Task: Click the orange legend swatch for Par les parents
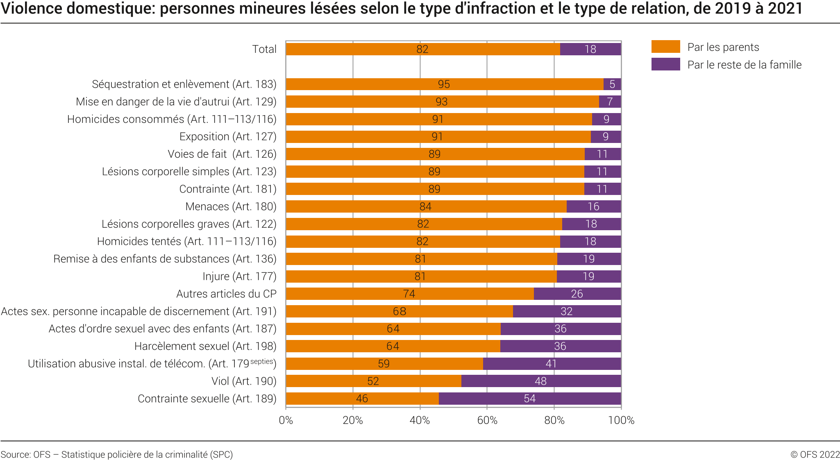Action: (665, 47)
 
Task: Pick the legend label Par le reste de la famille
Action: (744, 65)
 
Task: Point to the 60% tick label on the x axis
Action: (487, 420)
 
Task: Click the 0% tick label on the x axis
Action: (286, 420)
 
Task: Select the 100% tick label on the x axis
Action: (621, 420)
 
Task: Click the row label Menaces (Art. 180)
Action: (231, 206)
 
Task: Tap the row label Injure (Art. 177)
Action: (239, 276)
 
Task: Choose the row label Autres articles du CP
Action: (226, 294)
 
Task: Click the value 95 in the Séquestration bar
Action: (444, 84)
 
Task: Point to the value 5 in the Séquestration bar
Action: (612, 84)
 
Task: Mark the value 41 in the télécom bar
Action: (551, 364)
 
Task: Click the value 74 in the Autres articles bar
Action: (409, 294)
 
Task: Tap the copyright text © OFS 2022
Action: (815, 454)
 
